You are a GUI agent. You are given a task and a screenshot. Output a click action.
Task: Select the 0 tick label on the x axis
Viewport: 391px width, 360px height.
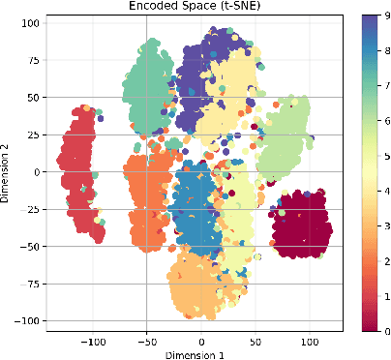(x=202, y=342)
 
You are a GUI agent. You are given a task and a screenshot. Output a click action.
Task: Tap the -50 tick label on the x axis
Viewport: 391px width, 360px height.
(x=147, y=342)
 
